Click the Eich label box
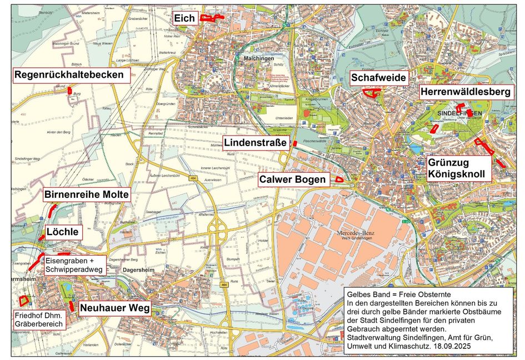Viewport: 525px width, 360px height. coord(184,18)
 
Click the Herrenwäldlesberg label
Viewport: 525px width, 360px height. coord(466,92)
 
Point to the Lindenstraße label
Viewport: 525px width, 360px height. coord(256,143)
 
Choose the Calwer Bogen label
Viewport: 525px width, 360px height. coord(293,179)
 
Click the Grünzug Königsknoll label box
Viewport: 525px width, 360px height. coord(459,168)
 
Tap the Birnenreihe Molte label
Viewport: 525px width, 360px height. coord(86,194)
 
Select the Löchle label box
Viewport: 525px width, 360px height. coord(63,231)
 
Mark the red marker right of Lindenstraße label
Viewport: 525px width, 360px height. coord(296,143)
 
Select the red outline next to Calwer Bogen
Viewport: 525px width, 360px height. coord(338,179)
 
